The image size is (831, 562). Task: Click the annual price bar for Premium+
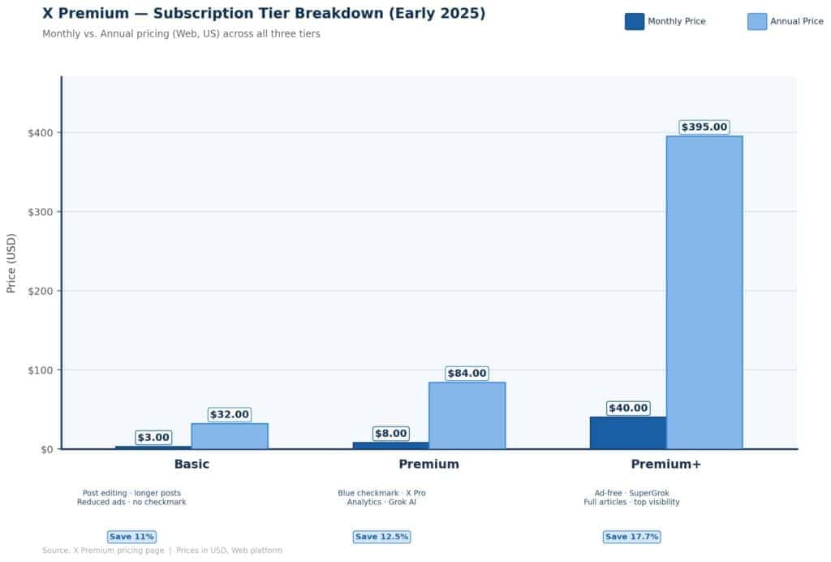coord(704,292)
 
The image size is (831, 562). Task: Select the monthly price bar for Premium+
coord(627,433)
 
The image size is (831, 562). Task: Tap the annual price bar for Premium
coord(467,415)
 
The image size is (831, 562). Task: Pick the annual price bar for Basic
coord(230,436)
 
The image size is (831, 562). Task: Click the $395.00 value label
coord(704,128)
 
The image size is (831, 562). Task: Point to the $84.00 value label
coord(467,374)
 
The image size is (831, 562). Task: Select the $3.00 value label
coord(153,438)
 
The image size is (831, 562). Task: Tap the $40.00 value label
coord(627,409)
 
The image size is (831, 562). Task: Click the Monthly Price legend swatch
coord(634,22)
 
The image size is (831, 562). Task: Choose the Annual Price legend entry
coord(785,22)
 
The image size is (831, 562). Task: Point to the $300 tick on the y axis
coord(39,212)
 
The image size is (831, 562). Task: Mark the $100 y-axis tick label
coord(39,370)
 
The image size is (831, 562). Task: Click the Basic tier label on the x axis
coord(192,465)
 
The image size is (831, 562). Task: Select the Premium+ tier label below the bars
coord(665,465)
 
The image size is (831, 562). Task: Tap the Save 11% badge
coord(131,537)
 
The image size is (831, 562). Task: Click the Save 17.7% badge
coord(631,537)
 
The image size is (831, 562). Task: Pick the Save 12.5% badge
coord(381,537)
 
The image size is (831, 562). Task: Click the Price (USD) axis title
coord(11,264)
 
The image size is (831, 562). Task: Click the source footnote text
coord(162,551)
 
